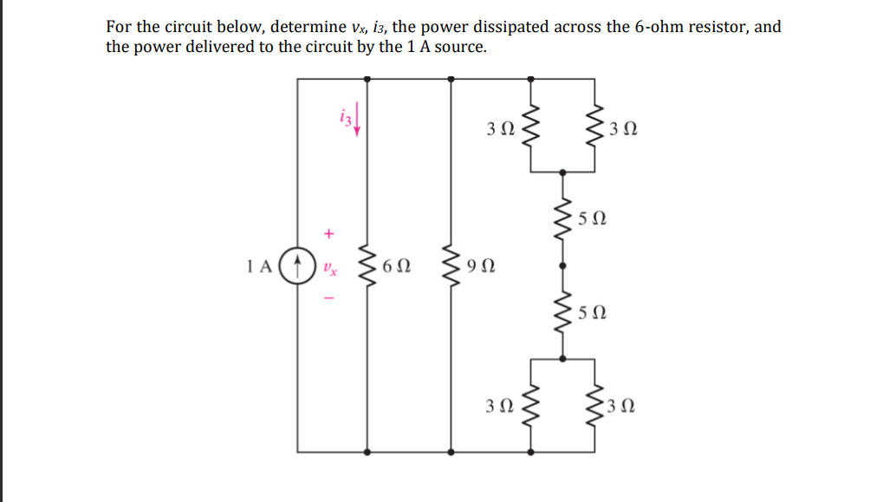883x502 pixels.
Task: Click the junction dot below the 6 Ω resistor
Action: [x=368, y=451]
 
